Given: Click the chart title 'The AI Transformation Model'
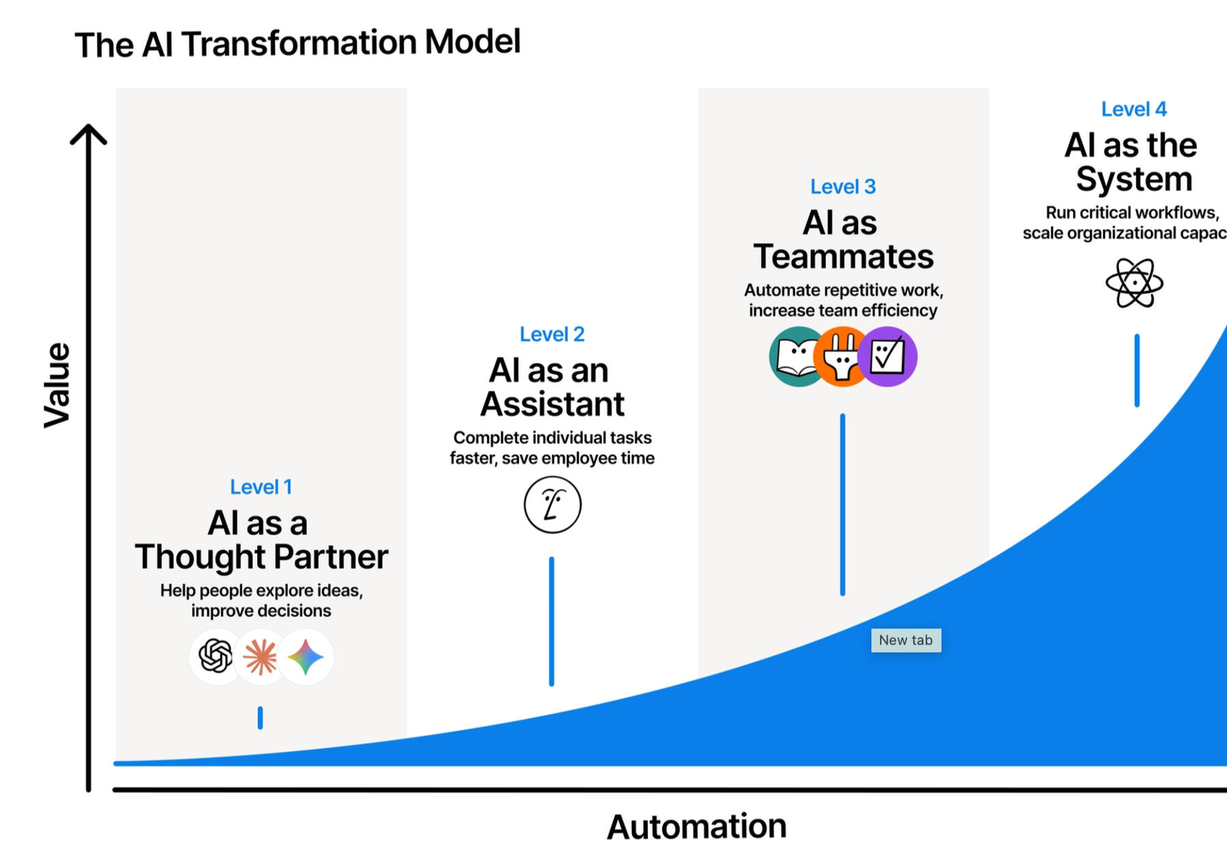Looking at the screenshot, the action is point(297,44).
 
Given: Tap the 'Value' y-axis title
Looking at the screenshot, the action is point(57,385).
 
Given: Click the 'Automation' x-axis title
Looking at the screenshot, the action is point(696,827).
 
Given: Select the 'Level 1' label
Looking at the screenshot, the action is point(261,487).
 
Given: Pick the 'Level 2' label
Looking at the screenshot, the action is point(552,334).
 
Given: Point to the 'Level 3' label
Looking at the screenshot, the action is point(843,186).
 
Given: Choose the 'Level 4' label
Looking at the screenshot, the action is point(1134,109).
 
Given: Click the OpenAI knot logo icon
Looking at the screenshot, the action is point(216,656).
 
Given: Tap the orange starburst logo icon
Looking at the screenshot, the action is point(261,657).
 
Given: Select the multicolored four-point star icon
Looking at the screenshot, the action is point(306,657).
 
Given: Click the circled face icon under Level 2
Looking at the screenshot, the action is point(552,505).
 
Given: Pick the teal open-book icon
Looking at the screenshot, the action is point(796,357).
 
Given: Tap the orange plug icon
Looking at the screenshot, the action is point(842,357).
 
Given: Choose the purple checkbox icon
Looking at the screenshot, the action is point(887,357).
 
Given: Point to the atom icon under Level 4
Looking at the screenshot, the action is point(1134,282).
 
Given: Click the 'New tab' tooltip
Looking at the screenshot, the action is point(906,640).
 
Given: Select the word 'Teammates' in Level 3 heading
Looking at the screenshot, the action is point(843,256).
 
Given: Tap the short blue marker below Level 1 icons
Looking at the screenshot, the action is point(260,718).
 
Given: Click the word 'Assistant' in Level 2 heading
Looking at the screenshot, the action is point(552,404).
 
